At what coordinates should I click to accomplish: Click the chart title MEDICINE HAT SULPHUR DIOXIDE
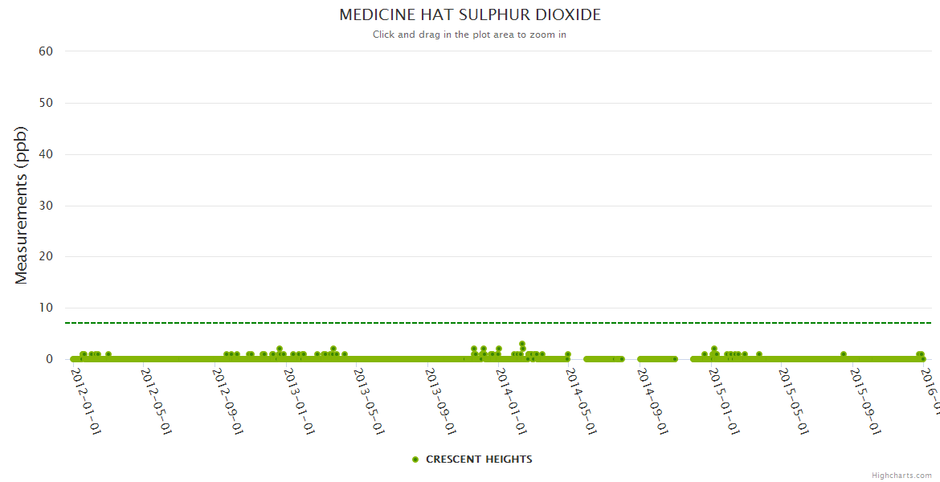[x=470, y=15]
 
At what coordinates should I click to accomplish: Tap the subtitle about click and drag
[x=469, y=35]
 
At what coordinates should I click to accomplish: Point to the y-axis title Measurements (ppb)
[x=22, y=205]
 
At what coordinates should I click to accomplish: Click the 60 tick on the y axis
[x=46, y=51]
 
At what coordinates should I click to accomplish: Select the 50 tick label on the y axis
[x=46, y=103]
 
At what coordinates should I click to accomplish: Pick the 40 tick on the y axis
[x=46, y=154]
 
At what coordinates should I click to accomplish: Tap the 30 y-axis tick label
[x=46, y=206]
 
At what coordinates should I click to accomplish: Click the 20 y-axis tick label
[x=46, y=257]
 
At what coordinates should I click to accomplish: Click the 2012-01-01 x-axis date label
[x=86, y=401]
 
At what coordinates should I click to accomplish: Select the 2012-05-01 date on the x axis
[x=157, y=401]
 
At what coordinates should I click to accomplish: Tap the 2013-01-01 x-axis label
[x=299, y=401]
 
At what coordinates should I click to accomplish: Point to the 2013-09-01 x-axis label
[x=441, y=401]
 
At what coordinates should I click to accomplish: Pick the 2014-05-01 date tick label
[x=582, y=401]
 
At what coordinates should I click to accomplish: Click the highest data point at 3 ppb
[x=522, y=344]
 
